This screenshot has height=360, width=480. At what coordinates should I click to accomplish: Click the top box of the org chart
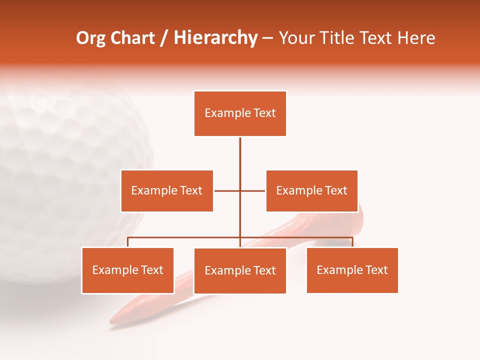tap(240, 113)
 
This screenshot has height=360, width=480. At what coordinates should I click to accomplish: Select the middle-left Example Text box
tap(166, 190)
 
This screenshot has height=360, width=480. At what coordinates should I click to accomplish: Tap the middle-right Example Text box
tap(311, 190)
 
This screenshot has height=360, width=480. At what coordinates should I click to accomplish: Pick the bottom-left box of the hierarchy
tap(127, 270)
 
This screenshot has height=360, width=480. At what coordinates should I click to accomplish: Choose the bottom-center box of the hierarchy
tap(240, 270)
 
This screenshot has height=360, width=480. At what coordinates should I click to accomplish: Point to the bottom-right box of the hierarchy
tap(352, 270)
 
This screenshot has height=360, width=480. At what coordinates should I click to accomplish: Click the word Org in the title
tap(91, 38)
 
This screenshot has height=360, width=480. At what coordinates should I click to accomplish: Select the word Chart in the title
tap(133, 38)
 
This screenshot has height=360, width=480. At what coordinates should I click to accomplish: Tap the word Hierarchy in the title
tap(215, 38)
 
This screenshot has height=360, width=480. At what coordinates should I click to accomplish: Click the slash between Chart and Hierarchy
tap(164, 38)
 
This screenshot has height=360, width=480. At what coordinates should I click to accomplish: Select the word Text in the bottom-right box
tap(376, 270)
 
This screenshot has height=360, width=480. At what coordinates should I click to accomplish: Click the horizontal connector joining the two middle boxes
tap(227, 190)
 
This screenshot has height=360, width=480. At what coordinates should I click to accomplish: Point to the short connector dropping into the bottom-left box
tap(127, 242)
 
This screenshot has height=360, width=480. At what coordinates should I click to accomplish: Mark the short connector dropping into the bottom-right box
tap(352, 242)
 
